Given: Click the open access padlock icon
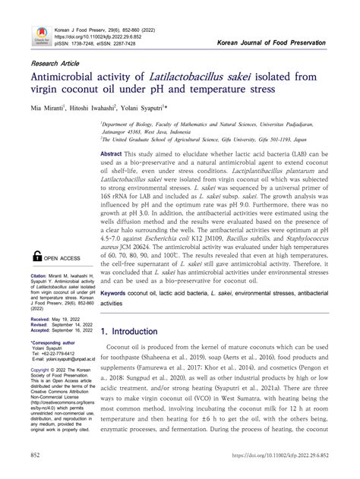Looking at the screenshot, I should (x=36, y=257).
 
